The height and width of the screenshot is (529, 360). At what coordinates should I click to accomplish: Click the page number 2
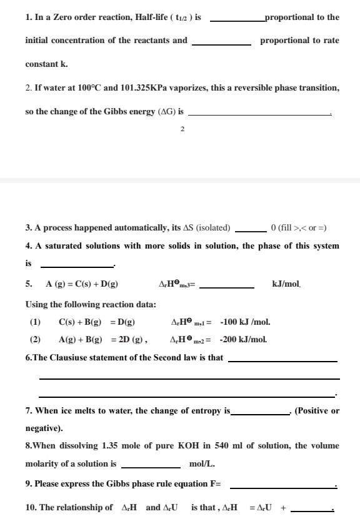pos(182,129)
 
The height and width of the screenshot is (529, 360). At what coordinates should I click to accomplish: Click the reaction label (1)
pos(35,322)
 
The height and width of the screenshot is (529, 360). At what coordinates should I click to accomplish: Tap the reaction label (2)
pos(35,340)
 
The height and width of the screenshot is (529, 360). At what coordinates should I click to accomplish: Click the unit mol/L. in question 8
pos(202,464)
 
